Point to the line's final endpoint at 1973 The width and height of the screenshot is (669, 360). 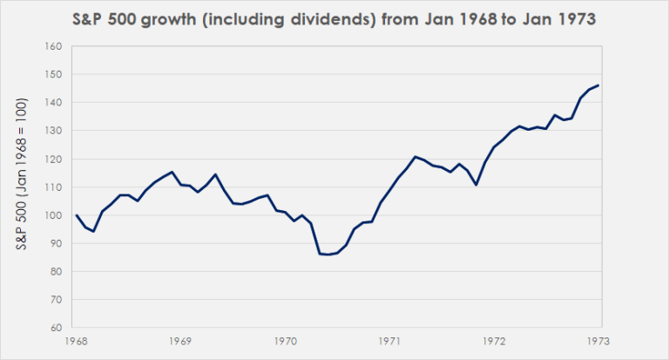coord(598,85)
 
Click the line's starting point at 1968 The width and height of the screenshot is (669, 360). coord(77,215)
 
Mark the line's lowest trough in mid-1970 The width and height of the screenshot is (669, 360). coord(328,255)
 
